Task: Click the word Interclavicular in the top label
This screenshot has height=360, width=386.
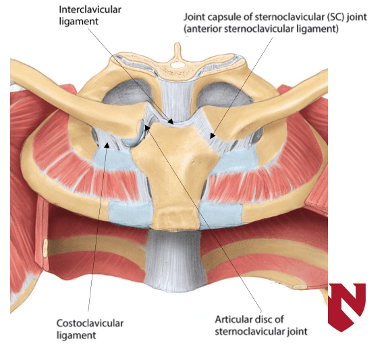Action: click(90, 10)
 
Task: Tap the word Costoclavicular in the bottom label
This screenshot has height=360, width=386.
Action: click(90, 324)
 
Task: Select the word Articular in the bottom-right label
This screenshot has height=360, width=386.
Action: click(232, 320)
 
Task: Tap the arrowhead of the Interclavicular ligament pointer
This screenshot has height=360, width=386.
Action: click(171, 121)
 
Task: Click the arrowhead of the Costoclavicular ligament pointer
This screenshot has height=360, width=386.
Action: click(107, 146)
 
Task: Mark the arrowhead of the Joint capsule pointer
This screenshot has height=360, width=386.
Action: click(213, 136)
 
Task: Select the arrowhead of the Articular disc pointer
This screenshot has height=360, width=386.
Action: click(147, 127)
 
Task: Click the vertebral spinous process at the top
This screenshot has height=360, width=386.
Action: click(177, 50)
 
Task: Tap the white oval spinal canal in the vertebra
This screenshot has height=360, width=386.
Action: click(178, 65)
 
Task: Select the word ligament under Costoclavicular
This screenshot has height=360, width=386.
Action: click(76, 336)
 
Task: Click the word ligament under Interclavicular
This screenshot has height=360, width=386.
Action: click(79, 22)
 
